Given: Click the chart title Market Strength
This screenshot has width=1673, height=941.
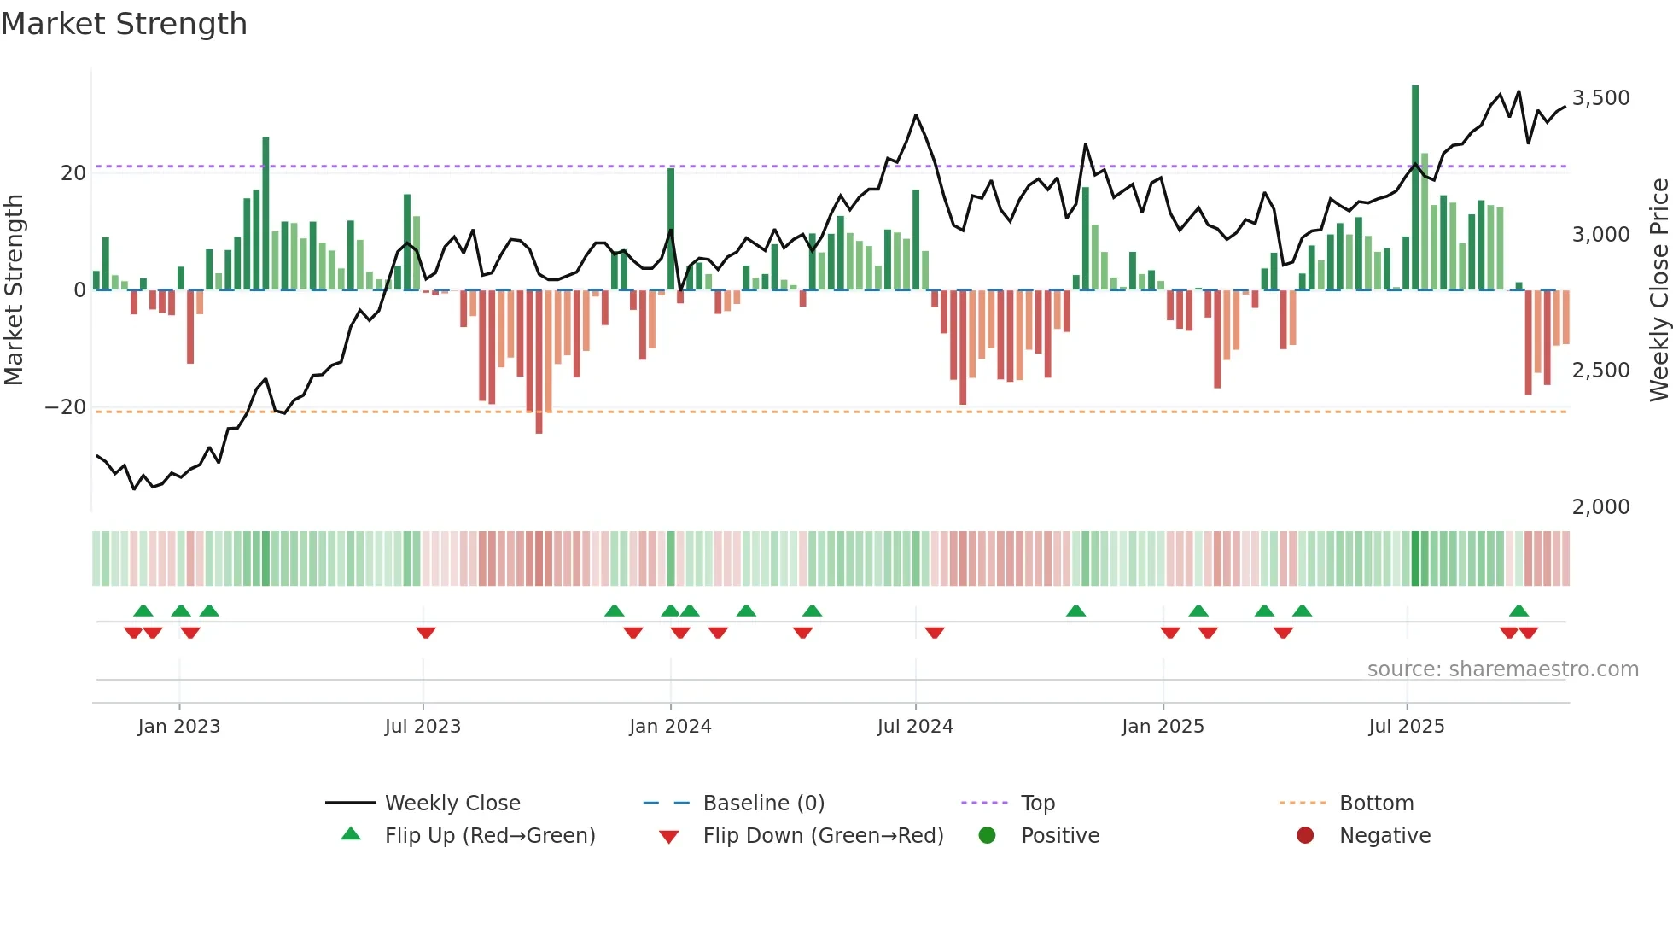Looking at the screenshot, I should [x=124, y=24].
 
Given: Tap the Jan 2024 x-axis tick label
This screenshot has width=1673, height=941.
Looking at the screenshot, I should [x=670, y=727].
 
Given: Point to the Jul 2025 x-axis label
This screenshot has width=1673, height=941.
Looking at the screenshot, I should [x=1406, y=727].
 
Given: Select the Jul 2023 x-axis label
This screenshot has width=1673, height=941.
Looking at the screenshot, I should [x=423, y=727].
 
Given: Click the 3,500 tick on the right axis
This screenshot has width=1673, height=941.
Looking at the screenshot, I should [x=1600, y=98].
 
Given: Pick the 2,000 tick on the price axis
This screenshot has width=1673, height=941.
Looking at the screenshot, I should [x=1600, y=507].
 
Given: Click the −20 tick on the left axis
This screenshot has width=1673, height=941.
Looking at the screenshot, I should [x=66, y=407].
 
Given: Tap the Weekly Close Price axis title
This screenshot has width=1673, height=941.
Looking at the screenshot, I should [x=1658, y=290].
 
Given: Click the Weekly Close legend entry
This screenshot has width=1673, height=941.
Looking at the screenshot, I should [x=452, y=804].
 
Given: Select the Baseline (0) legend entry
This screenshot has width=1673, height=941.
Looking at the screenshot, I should [x=763, y=804].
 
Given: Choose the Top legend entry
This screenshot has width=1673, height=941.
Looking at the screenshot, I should [x=1037, y=804].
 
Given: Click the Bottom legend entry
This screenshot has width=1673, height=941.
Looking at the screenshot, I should [x=1376, y=804].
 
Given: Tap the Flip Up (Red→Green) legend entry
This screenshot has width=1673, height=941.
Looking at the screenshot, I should [x=489, y=836].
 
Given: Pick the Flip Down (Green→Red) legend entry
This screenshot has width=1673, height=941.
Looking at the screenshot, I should [x=823, y=836].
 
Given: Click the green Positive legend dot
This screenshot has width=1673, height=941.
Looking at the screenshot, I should [x=988, y=836].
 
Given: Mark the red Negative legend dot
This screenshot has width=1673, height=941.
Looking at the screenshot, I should [x=1305, y=836].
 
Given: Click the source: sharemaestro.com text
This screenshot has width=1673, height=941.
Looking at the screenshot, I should [x=1502, y=669].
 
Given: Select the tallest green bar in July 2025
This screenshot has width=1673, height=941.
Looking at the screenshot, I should [x=1415, y=188].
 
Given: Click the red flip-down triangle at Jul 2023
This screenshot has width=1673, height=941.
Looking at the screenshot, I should [x=426, y=633].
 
